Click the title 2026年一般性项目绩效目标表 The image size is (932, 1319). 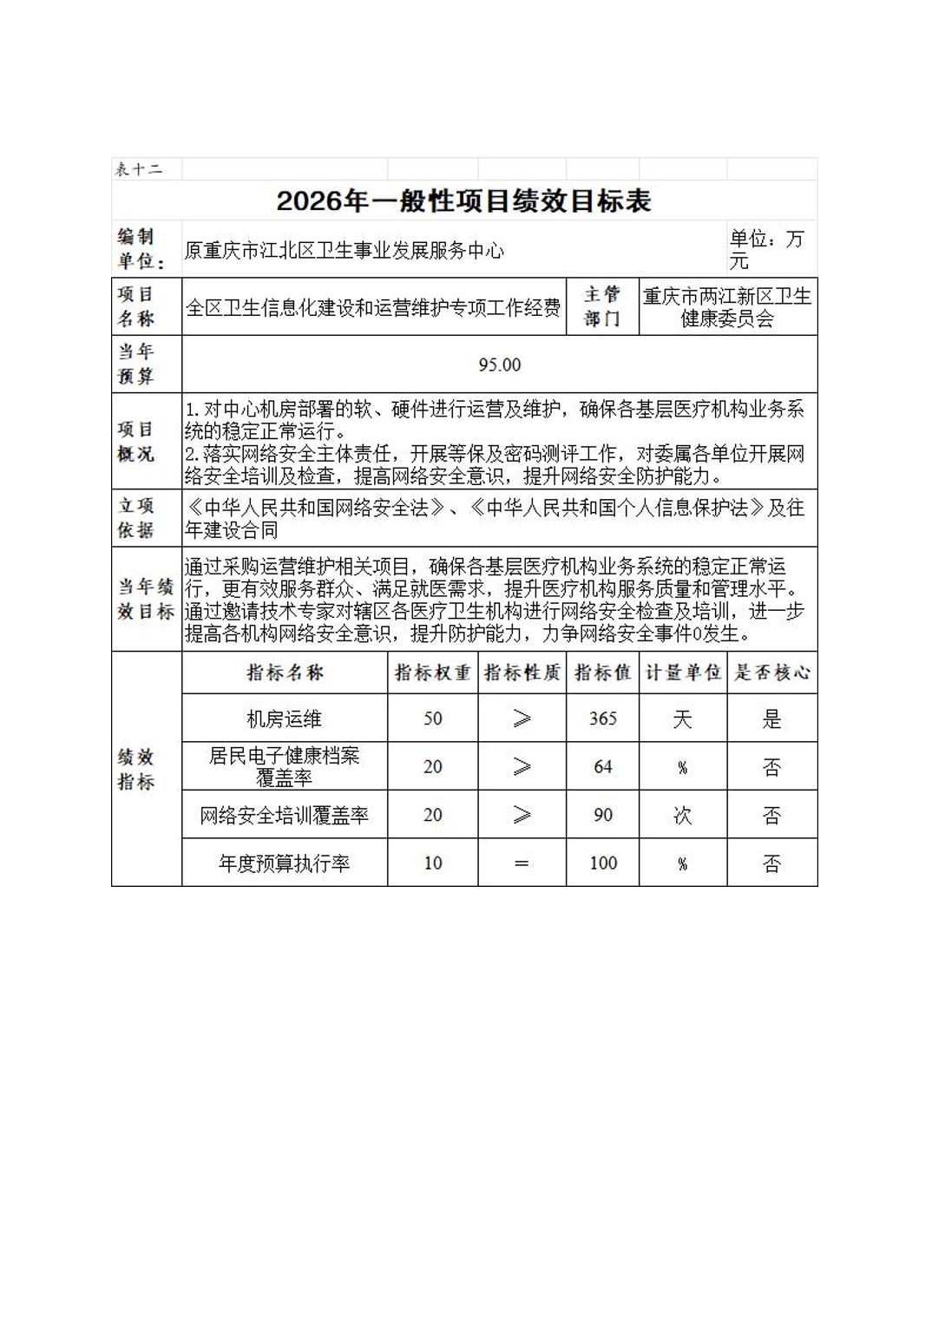[463, 201]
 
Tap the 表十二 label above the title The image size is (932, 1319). [139, 169]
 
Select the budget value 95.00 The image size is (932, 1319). [500, 365]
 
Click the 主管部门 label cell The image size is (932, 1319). [602, 307]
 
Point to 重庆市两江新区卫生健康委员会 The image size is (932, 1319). [727, 307]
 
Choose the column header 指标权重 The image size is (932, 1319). [432, 673]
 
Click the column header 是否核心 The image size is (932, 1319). [771, 673]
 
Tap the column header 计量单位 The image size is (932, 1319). [682, 673]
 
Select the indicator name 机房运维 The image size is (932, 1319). [285, 719]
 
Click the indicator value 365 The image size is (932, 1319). [602, 719]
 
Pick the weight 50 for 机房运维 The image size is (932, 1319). [432, 719]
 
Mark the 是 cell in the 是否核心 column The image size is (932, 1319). [771, 719]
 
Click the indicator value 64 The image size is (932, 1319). [602, 767]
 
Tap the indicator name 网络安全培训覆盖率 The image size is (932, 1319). [285, 816]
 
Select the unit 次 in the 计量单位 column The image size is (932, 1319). [682, 816]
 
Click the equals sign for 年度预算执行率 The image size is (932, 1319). [521, 863]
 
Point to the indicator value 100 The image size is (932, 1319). [602, 863]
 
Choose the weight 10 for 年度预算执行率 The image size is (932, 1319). [432, 863]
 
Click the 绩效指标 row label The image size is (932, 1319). [136, 769]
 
